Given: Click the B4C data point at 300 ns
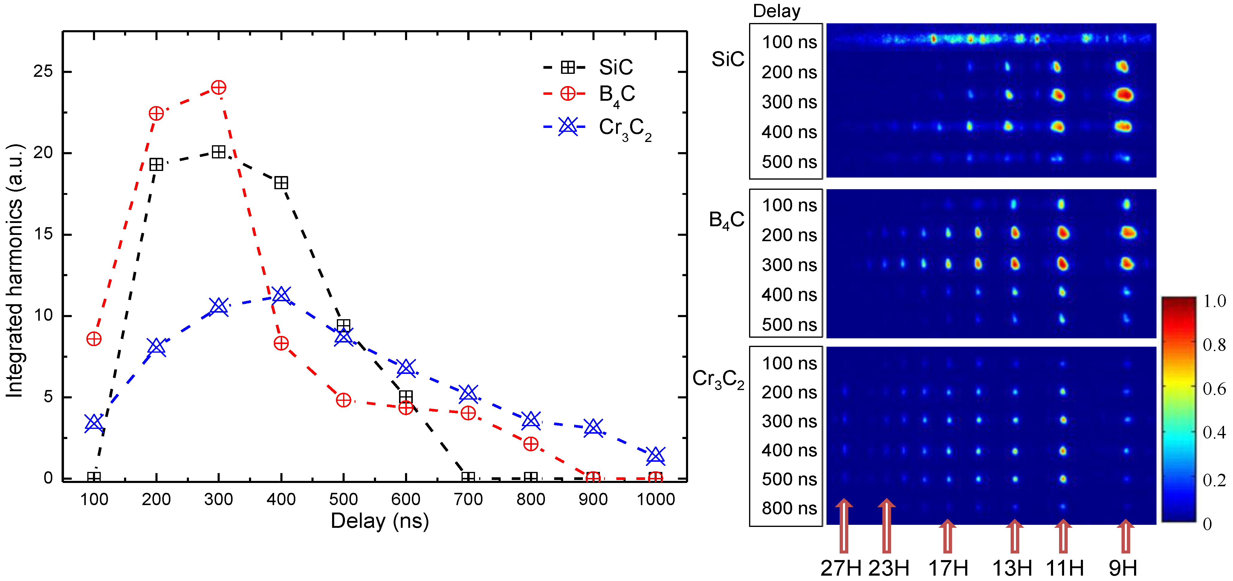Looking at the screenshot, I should point(218,88).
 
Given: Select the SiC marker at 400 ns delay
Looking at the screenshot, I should point(281,182).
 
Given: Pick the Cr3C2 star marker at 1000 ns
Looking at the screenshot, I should point(655,455).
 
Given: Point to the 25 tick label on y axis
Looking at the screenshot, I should point(43,72).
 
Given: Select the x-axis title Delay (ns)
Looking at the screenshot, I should point(380,521).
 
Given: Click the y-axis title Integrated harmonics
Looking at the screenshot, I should point(14,270).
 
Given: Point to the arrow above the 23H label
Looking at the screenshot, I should point(887,525).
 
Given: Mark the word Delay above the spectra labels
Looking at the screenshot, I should point(776,10).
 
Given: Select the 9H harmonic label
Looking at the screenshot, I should point(1122,568).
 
